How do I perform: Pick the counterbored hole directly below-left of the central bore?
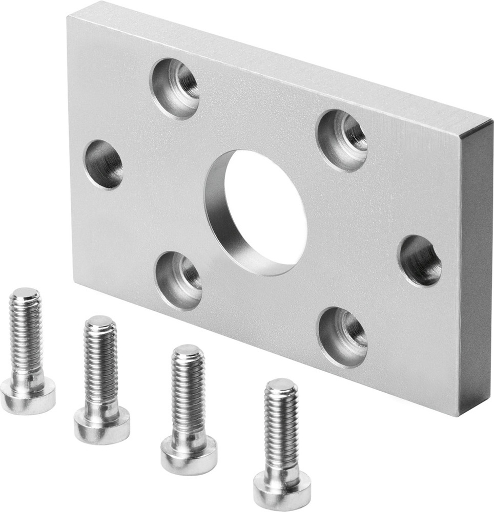coord(179,281)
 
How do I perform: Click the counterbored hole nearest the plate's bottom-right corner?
coord(342,337)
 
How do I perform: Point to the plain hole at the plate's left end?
coord(104,164)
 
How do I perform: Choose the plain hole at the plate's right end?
coord(420,260)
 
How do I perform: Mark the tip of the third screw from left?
coord(188,351)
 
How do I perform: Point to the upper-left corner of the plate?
coord(69,16)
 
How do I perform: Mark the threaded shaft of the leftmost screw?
coord(26,333)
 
